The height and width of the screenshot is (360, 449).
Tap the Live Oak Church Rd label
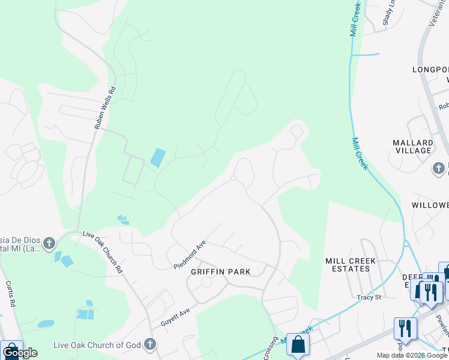[102, 252]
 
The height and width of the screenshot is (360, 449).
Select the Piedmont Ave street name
[190, 255]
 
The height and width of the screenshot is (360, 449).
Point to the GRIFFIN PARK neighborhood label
[220, 272]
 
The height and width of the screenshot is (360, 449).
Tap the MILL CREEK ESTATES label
[351, 265]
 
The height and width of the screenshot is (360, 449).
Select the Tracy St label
[369, 298]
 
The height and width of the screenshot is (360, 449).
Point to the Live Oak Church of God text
[96, 344]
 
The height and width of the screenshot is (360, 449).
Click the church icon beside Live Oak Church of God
[151, 344]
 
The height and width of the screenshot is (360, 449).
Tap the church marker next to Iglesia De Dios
[49, 243]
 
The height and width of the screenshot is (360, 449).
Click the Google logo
[20, 353]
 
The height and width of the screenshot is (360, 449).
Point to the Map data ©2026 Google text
[411, 355]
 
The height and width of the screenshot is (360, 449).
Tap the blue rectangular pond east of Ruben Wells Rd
[157, 158]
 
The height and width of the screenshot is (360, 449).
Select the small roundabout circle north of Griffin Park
[234, 178]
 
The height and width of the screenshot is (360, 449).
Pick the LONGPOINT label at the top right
[430, 70]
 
